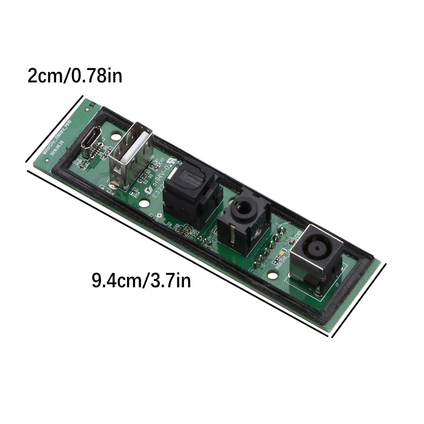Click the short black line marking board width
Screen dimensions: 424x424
[x=54, y=130]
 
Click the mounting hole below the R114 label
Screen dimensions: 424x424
[x=144, y=204]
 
